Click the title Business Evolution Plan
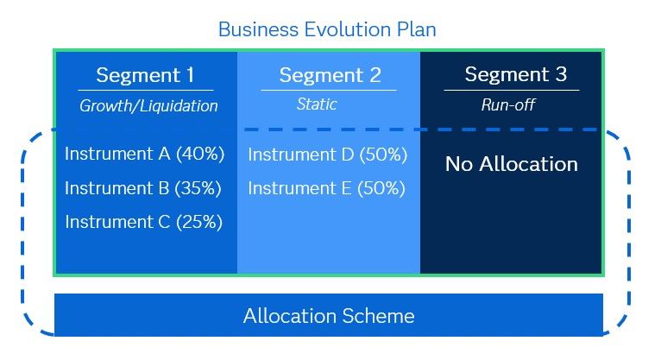(x=327, y=28)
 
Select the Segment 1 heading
(x=145, y=75)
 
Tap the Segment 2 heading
(x=330, y=75)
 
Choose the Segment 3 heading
(x=515, y=74)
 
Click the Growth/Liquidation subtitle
(x=148, y=106)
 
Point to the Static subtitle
(x=317, y=104)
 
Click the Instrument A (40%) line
(x=144, y=154)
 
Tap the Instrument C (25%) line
(x=143, y=222)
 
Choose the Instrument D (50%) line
(x=326, y=155)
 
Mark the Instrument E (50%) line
(x=326, y=188)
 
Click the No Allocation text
(x=511, y=164)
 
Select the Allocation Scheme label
(x=329, y=316)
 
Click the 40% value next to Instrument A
(x=200, y=154)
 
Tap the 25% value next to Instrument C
(x=199, y=222)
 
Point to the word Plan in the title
(x=415, y=28)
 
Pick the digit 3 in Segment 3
(x=561, y=74)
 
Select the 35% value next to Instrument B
(x=199, y=188)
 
